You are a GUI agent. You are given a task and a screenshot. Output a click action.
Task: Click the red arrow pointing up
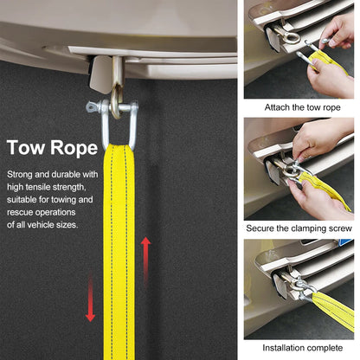point(145,261)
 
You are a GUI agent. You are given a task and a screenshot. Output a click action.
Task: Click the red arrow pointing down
point(90,297)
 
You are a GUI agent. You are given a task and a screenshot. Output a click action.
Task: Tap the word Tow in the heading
point(25,147)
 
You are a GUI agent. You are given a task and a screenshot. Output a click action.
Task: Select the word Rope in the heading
point(74,149)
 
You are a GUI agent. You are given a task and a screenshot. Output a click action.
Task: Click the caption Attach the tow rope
point(302,107)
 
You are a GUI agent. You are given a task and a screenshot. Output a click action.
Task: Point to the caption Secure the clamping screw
point(299,228)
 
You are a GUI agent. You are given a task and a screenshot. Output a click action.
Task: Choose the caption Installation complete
point(302,348)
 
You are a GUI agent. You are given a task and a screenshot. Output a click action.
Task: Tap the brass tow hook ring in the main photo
point(117,101)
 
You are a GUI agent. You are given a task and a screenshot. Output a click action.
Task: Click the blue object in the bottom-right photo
point(345,242)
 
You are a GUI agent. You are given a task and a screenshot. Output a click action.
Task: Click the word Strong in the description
point(20,175)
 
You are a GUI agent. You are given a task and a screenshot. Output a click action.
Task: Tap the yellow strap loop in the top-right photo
point(327,62)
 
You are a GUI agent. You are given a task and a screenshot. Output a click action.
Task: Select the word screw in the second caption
point(339,228)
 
